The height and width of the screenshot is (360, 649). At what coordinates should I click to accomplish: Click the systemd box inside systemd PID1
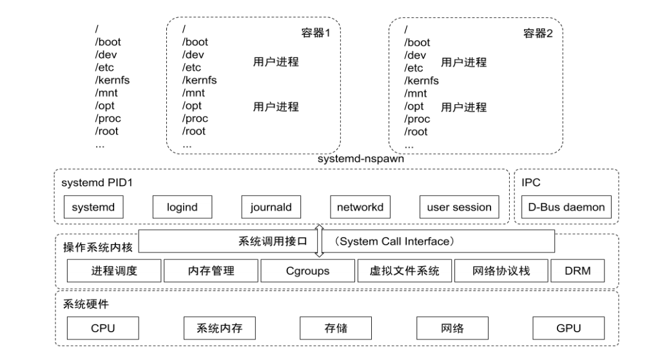pos(93,207)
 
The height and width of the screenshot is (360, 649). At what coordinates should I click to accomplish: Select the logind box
pos(182,207)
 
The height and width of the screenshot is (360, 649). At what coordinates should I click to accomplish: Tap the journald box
pos(271,207)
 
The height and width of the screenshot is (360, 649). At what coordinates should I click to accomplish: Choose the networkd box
pos(360,207)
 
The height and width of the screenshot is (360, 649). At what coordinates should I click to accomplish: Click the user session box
pos(458,207)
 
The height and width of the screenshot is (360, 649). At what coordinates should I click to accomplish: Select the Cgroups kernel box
pos(307,271)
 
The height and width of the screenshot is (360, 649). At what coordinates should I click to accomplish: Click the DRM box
pos(578,271)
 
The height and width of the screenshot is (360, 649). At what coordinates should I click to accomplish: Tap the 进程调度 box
pos(114,271)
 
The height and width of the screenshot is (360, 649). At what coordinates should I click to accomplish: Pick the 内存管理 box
pos(211,271)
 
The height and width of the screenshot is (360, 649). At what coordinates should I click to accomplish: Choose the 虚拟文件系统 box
pos(404,271)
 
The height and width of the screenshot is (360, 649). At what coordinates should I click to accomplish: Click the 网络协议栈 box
pos(501,271)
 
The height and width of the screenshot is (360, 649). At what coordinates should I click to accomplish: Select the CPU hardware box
pos(102,328)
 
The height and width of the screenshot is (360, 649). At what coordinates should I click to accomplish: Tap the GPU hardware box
pos(568,328)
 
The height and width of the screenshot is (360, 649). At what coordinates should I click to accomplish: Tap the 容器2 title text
pos(538,33)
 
